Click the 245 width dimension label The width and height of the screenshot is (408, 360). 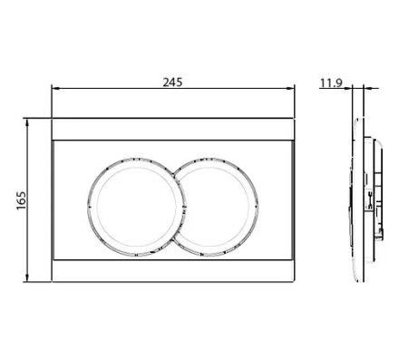tap(172, 83)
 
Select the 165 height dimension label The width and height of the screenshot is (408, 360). tap(21, 200)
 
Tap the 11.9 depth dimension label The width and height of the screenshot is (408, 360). tap(331, 83)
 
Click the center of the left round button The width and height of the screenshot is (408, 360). tap(136, 207)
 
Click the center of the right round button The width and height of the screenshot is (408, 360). tap(216, 207)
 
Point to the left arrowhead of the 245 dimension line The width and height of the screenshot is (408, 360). tap(55, 88)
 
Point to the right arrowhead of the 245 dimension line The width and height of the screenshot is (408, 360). tap(290, 88)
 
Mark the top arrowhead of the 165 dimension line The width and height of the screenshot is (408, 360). tap(27, 122)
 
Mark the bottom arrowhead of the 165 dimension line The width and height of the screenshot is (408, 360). tap(27, 278)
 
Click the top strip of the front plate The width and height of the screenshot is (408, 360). tap(173, 129)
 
